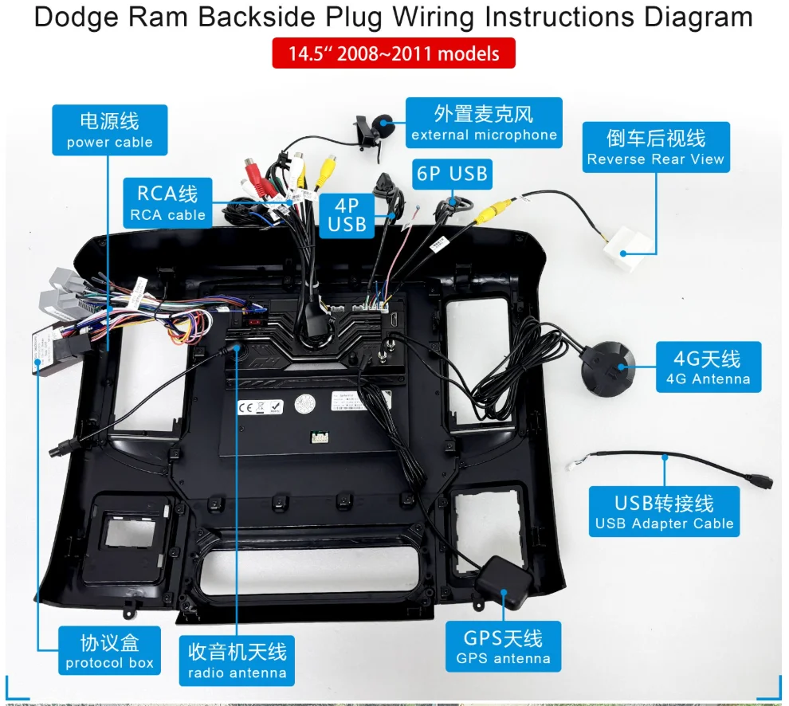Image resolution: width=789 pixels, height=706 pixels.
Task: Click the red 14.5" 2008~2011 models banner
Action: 394,53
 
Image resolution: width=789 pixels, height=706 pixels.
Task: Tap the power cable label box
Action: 110,130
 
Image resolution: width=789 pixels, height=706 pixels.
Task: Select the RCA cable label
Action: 167,202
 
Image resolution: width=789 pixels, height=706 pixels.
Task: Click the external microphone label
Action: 484,123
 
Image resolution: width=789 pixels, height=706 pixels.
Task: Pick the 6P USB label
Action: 453,175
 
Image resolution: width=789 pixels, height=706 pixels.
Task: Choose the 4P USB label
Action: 347,215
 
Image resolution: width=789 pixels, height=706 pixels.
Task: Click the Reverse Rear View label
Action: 656,147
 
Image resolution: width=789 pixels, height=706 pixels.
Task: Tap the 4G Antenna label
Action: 709,367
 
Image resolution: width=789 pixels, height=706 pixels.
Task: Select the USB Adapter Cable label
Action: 664,512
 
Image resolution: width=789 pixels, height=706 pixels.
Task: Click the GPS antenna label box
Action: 503,646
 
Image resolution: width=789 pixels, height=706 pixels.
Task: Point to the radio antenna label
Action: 237,661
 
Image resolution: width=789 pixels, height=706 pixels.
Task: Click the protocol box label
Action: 110,651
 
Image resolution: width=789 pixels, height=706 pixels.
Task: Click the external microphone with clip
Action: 373,130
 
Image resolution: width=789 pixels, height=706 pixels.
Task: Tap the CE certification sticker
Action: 260,406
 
